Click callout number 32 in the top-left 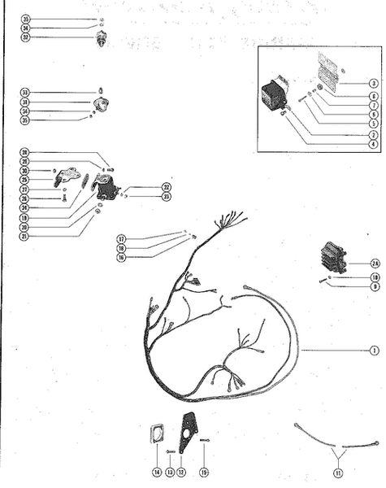[25, 37]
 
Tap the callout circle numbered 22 [166, 187]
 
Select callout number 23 [166, 196]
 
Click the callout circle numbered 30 [25, 170]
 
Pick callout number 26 [25, 198]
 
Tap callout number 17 [120, 239]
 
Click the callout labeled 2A [375, 263]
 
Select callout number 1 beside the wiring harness [375, 351]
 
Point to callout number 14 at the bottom [157, 472]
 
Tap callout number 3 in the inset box [373, 83]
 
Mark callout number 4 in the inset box [373, 144]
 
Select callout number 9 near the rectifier [375, 286]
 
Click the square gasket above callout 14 [156, 435]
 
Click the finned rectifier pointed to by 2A [333, 257]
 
